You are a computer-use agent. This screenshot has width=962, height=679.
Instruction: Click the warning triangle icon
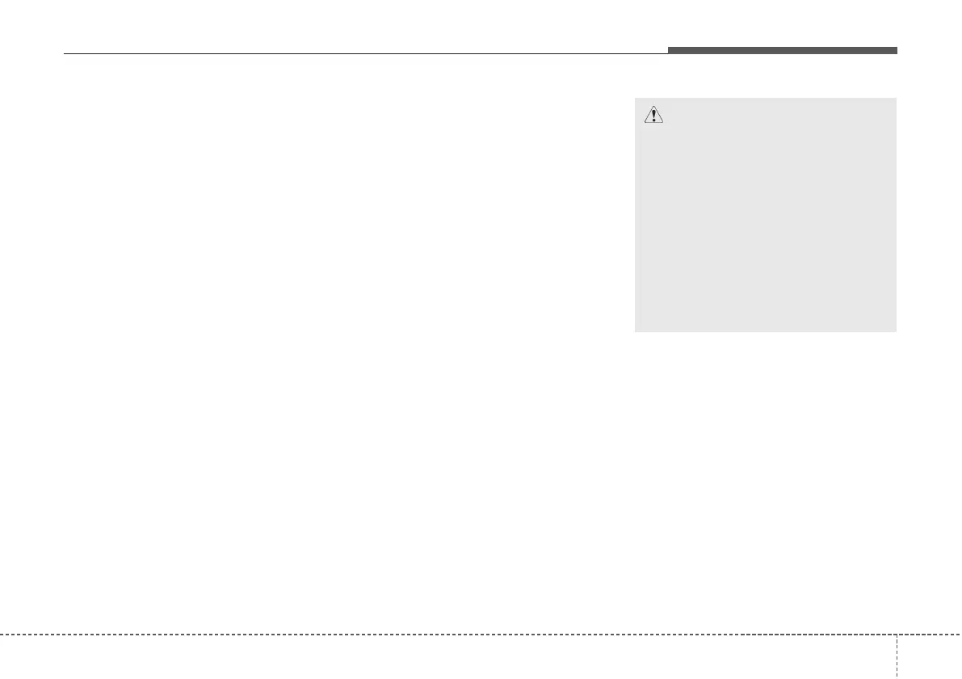pos(653,115)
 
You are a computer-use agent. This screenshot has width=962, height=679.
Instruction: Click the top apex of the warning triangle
pos(653,106)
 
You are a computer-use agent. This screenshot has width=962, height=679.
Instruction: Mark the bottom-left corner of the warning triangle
pos(643,123)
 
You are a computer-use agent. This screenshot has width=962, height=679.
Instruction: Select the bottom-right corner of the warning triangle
pos(663,123)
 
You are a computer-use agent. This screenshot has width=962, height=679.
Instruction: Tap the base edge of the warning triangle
pos(653,123)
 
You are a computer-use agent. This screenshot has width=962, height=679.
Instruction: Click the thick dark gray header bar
pos(782,50)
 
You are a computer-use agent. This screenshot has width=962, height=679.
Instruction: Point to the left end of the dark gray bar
pos(669,50)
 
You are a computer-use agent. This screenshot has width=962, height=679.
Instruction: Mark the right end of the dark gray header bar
pos(897,50)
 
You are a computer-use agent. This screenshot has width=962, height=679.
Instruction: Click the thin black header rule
pos(363,54)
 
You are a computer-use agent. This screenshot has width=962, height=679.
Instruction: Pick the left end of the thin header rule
pos(64,54)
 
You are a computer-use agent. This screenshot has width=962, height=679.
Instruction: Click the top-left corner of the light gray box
pos(635,99)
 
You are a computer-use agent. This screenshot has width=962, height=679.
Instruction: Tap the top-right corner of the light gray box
pos(896,99)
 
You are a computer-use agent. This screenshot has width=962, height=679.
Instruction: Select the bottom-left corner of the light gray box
pos(635,331)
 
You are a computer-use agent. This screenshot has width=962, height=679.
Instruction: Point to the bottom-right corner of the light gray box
pos(896,331)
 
